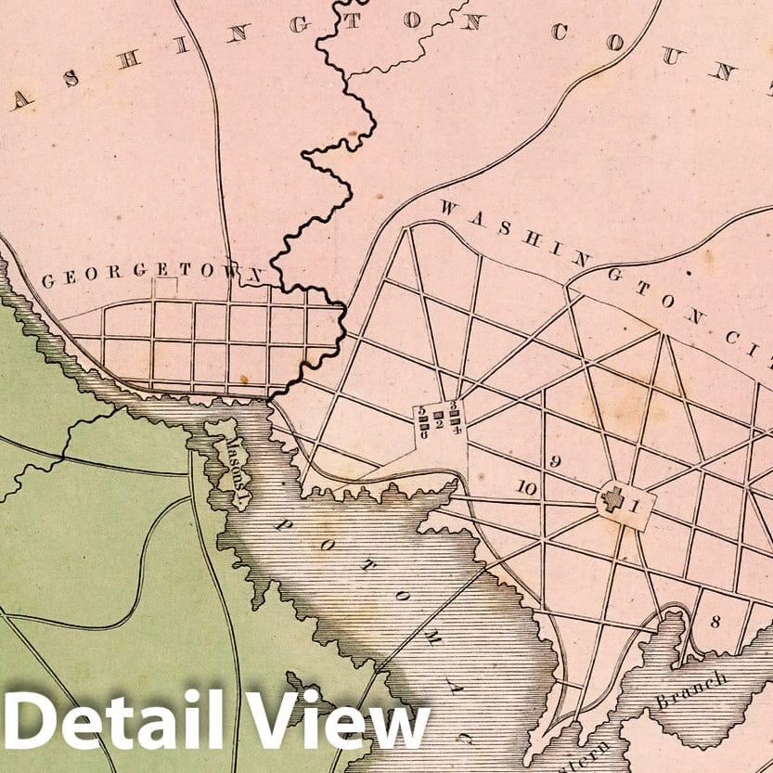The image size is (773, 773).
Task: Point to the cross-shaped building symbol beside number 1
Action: (612, 501)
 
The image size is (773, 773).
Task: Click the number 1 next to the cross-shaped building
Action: (634, 506)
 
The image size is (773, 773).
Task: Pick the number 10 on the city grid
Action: (527, 487)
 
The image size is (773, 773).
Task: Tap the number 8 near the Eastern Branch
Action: (715, 622)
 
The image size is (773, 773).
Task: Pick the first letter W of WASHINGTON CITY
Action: (446, 208)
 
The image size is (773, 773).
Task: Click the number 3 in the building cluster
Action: (453, 406)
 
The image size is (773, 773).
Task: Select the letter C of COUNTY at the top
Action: (560, 32)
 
